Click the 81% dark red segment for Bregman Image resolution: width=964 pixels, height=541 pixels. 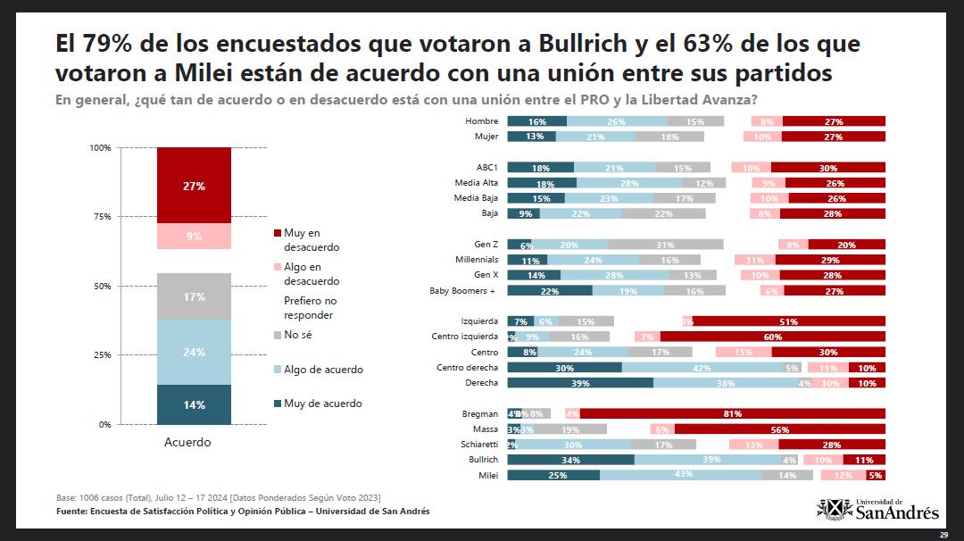[733, 413]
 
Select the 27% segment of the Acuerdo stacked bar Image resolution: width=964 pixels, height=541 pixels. [194, 186]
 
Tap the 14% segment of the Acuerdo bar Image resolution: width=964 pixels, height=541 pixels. [194, 404]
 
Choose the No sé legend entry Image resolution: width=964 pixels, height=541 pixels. [298, 335]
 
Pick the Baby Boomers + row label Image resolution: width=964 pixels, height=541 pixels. [463, 291]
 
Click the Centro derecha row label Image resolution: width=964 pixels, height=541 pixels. [467, 367]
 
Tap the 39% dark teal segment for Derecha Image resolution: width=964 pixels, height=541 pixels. [580, 383]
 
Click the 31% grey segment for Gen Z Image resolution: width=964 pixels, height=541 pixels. [665, 245]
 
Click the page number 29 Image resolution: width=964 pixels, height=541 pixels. [943, 534]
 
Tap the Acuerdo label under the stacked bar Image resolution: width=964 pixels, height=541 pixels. [187, 442]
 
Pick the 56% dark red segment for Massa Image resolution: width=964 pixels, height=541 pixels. [778, 429]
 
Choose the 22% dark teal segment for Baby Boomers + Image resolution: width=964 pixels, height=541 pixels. [550, 291]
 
